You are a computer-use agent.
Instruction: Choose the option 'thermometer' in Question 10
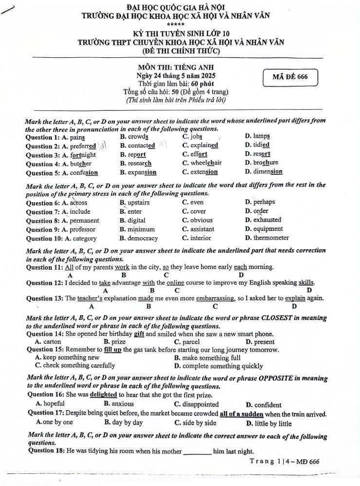pyautogui.click(x=270, y=238)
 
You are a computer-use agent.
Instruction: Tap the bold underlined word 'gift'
pyautogui.click(x=139, y=334)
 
